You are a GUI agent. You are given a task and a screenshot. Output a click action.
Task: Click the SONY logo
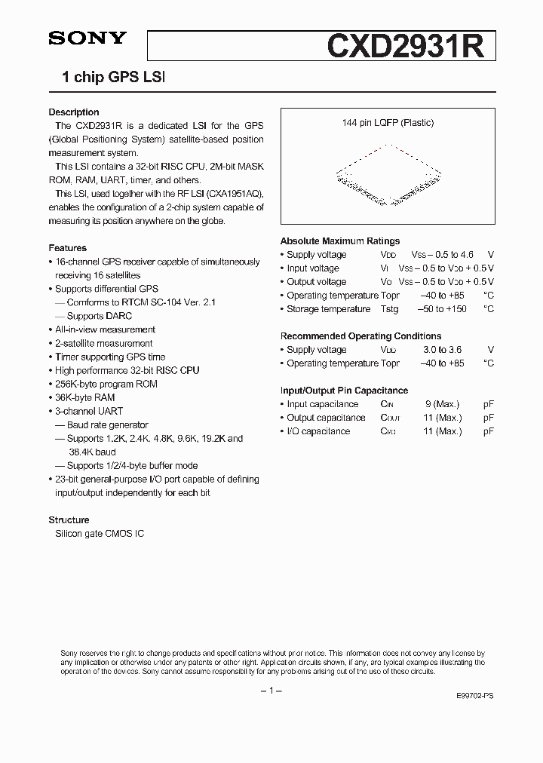(x=87, y=39)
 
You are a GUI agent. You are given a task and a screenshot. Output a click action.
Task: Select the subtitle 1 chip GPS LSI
(x=113, y=77)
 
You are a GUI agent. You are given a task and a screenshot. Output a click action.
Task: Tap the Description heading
(x=74, y=112)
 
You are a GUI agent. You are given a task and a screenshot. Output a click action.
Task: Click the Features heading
(x=68, y=248)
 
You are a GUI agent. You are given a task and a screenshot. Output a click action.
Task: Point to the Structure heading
(x=69, y=520)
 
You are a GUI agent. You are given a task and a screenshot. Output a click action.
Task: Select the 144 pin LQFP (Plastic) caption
(x=387, y=123)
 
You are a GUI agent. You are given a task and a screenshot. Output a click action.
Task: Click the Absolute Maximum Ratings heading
(x=340, y=241)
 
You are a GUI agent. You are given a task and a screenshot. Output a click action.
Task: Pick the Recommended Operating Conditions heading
(x=361, y=336)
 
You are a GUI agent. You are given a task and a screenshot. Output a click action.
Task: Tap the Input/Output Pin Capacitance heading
(x=344, y=391)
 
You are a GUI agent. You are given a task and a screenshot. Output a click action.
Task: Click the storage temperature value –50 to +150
(x=442, y=309)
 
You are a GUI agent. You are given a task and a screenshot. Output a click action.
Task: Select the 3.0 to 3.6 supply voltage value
(x=442, y=350)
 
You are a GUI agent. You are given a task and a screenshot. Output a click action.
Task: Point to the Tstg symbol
(x=389, y=309)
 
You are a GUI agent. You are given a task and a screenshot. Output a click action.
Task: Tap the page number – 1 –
(x=271, y=691)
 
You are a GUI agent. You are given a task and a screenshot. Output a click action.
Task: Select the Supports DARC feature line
(x=90, y=316)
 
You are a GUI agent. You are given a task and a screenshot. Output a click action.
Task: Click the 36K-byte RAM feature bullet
(x=84, y=397)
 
